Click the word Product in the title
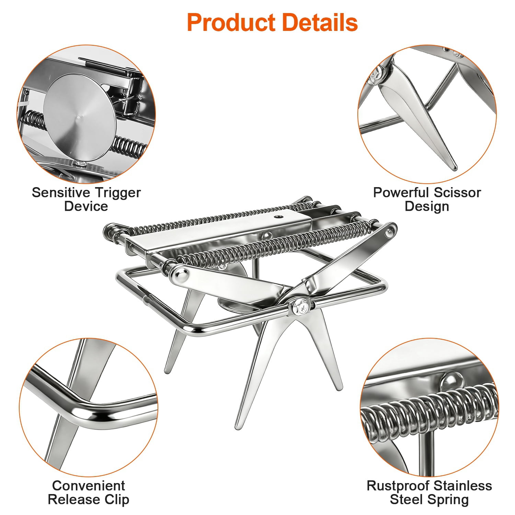[x=231, y=23]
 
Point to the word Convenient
[x=89, y=485]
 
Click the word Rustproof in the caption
[x=397, y=486]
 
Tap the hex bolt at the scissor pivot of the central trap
[x=299, y=307]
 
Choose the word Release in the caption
[x=76, y=500]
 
